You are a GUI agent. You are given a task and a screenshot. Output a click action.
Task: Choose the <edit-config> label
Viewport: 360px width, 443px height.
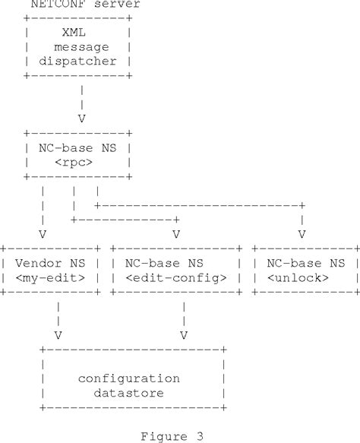pyautogui.click(x=175, y=277)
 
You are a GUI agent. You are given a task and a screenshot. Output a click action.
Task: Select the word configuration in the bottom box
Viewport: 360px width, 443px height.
pyautogui.click(x=129, y=378)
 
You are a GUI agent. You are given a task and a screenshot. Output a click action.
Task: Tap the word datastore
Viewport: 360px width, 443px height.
pyautogui.click(x=129, y=392)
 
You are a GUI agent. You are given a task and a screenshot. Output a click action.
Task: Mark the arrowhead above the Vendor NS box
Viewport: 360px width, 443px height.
pyautogui.click(x=43, y=233)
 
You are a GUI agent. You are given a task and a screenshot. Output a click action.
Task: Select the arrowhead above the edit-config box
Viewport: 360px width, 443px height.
pyautogui.click(x=175, y=233)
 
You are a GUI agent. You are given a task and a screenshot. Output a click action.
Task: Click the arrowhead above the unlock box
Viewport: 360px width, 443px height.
pyautogui.click(x=302, y=233)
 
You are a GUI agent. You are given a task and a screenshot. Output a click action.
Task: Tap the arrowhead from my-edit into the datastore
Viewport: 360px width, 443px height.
pyautogui.click(x=58, y=334)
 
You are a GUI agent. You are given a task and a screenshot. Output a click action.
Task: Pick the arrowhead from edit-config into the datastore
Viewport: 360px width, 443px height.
pyautogui.click(x=183, y=334)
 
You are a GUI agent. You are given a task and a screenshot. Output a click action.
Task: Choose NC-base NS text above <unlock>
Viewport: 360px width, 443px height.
pyautogui.click(x=303, y=263)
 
